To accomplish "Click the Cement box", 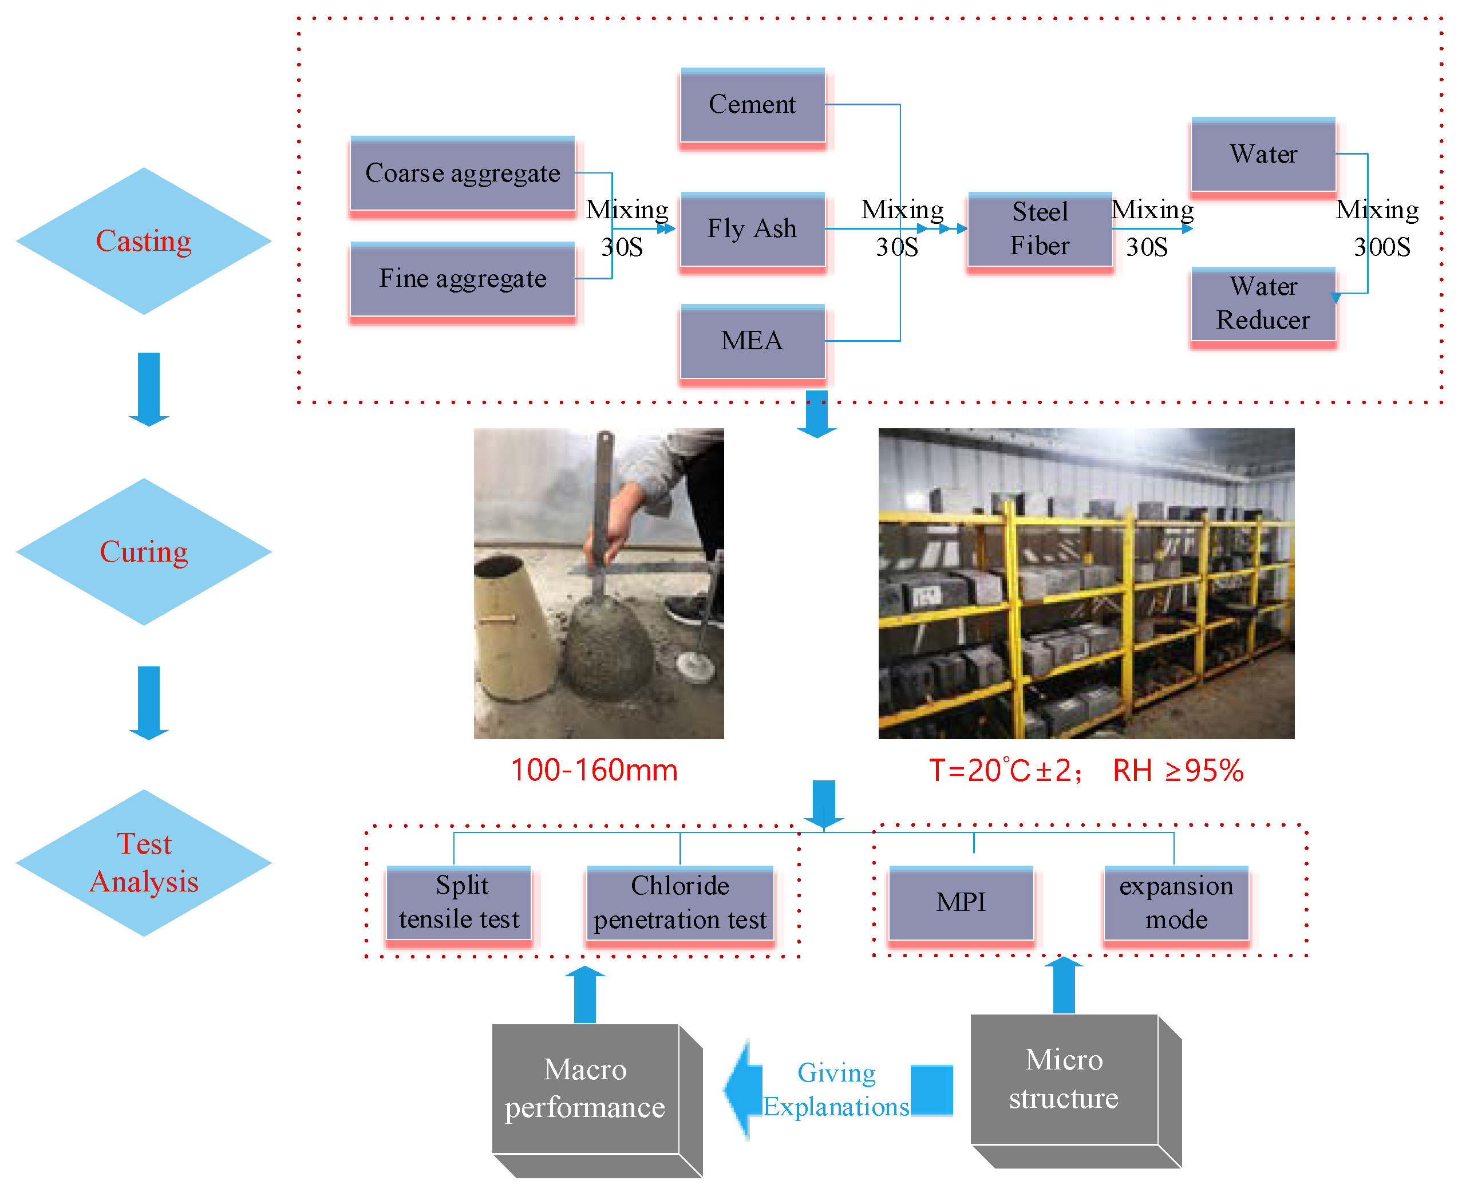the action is tap(752, 106).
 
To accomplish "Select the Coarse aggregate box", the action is tap(463, 175).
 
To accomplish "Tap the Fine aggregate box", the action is tap(463, 281).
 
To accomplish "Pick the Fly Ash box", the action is tap(752, 231).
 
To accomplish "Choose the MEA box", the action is tap(752, 344).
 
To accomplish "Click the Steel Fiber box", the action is tap(1040, 231).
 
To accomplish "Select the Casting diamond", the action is tap(144, 241).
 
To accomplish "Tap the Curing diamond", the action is tap(144, 552).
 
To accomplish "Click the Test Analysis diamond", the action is tap(144, 863).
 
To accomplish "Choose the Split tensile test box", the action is tap(459, 905).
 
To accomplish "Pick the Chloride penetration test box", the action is tap(680, 905).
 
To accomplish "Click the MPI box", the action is tap(962, 905).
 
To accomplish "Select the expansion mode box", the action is tap(1176, 905).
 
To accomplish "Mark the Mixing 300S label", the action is tap(1378, 228).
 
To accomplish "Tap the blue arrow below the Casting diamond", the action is tap(149, 389).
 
